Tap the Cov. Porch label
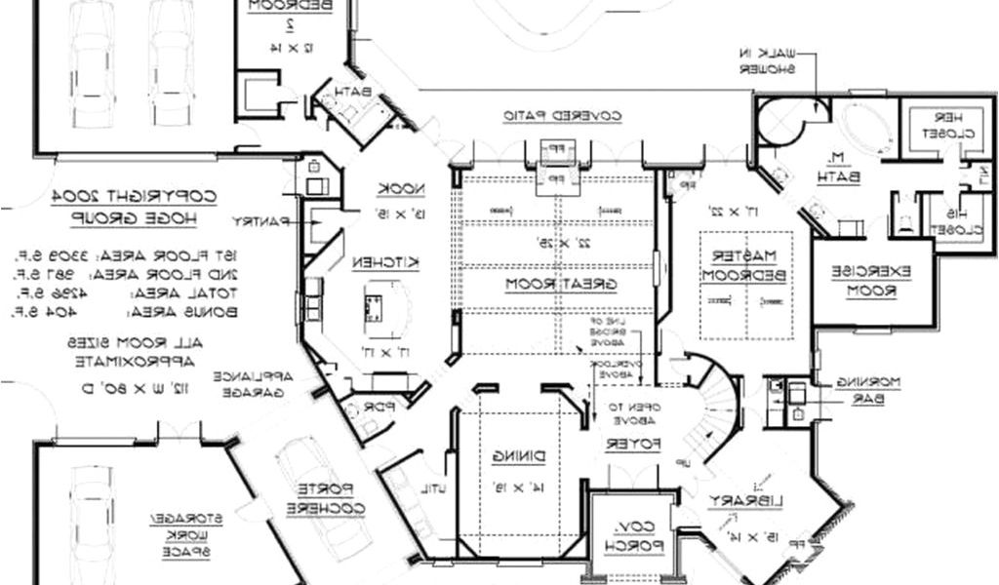(631, 538)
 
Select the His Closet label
(955, 218)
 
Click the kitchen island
(375, 304)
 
